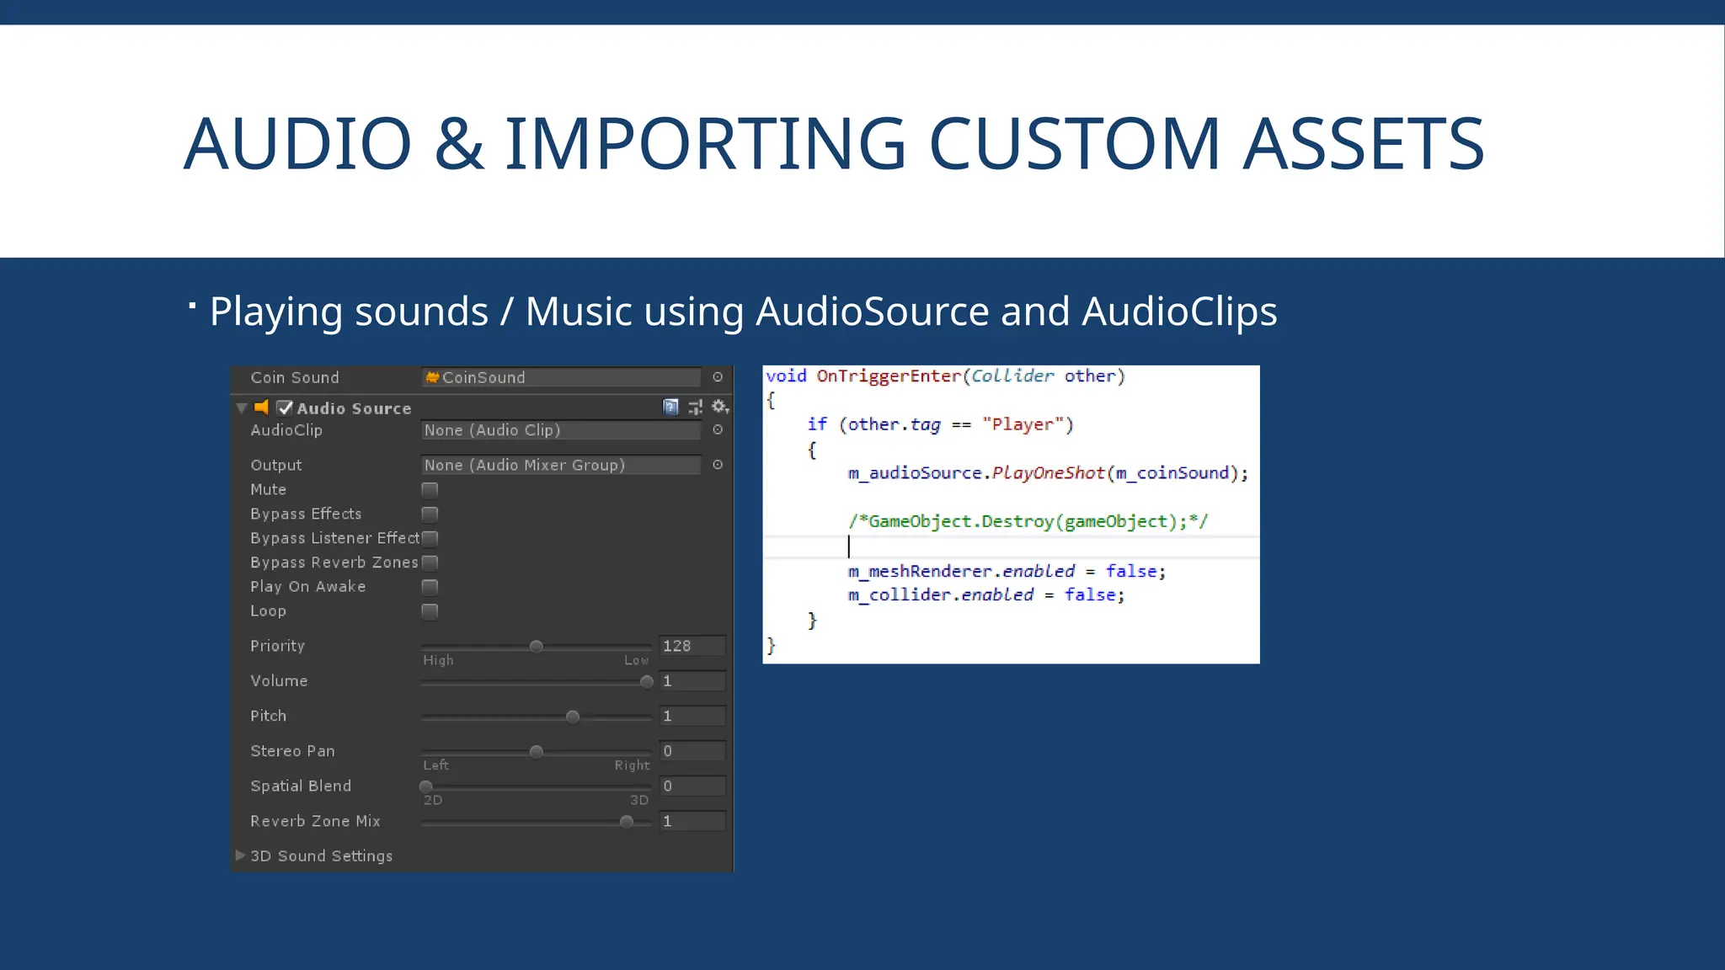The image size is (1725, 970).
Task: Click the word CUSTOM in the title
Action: (1074, 144)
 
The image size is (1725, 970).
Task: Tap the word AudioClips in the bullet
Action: (1179, 312)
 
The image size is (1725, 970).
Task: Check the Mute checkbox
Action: (430, 490)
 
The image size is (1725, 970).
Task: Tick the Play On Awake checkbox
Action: (430, 587)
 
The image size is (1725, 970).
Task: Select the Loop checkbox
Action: (430, 611)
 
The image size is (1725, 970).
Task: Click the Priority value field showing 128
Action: (692, 646)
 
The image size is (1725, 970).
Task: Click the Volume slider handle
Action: (646, 682)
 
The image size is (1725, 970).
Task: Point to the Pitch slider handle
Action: (573, 717)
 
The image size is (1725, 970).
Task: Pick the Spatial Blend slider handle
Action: (426, 786)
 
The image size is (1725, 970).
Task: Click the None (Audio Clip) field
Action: (560, 430)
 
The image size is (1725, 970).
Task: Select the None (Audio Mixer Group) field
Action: (560, 465)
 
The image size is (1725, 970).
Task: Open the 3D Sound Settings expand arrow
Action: (241, 855)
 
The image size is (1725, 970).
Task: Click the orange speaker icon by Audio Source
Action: (262, 408)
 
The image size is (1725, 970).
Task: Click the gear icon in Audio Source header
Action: (719, 407)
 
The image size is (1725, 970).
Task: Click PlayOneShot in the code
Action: (1048, 473)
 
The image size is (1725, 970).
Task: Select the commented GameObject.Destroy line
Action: (1028, 522)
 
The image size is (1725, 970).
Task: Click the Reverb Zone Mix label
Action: (315, 821)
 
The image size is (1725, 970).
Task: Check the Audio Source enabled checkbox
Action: (285, 408)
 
